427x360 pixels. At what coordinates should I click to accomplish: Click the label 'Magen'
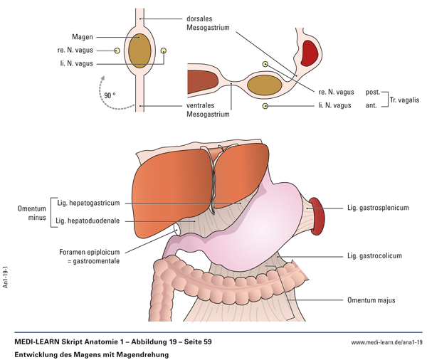point(102,37)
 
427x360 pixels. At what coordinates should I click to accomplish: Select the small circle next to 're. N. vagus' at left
point(117,51)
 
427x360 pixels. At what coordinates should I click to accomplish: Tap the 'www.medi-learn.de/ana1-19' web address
point(387,342)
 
